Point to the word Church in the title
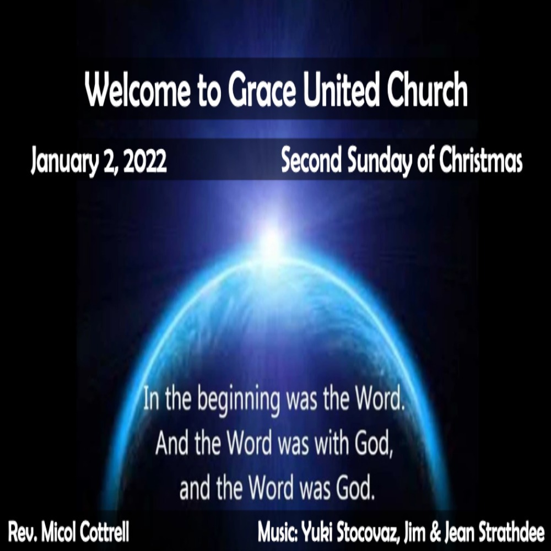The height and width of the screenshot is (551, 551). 428,90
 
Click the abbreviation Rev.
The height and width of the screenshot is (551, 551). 23,532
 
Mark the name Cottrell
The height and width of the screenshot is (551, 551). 104,532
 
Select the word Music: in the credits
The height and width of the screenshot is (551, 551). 278,532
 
